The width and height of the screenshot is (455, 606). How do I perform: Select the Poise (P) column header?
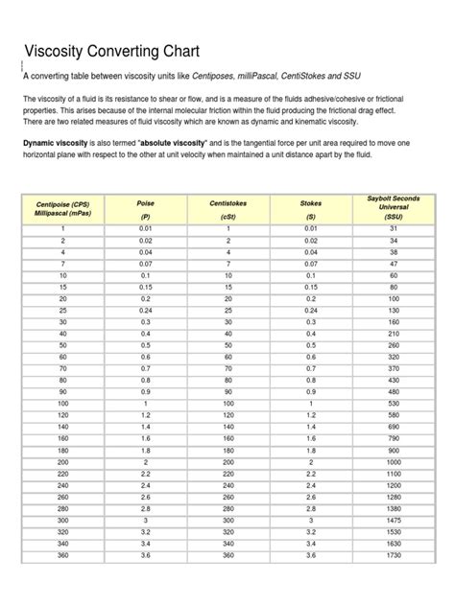145,209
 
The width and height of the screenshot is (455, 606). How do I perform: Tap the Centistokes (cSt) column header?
227,209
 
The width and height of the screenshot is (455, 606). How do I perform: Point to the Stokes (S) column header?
310,209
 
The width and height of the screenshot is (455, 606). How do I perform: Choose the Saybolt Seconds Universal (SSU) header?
394,206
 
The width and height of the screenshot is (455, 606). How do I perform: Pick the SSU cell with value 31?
394,229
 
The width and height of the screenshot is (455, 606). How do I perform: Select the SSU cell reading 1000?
394,461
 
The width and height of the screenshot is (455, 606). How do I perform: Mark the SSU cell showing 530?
394,404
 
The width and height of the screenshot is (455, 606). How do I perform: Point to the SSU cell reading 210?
394,334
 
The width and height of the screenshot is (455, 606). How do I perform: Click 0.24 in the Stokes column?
310,311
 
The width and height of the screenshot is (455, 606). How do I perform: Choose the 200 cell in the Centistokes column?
227,461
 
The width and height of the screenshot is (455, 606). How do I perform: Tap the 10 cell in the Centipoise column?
62,275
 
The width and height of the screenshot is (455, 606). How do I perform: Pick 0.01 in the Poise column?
145,229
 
